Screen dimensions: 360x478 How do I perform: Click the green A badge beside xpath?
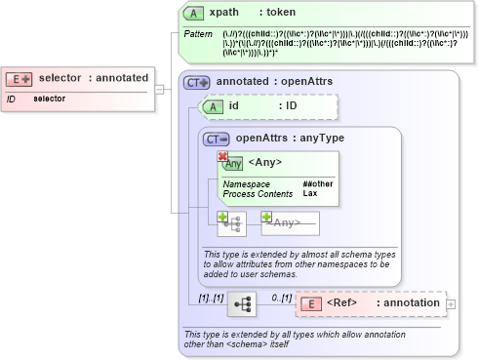(194, 12)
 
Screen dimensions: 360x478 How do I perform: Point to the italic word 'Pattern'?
(199, 35)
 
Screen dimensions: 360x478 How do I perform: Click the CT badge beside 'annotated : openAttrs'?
(197, 82)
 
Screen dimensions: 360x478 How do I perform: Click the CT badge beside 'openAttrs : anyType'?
(216, 139)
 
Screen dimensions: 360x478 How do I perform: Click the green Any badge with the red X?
(230, 162)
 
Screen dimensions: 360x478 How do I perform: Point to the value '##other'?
(317, 183)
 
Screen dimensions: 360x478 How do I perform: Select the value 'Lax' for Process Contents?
(310, 193)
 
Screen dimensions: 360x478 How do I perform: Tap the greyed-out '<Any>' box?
(290, 223)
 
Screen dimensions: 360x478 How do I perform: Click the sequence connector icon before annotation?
(241, 304)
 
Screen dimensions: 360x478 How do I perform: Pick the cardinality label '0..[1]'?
(280, 296)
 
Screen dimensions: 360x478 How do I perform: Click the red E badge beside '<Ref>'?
(310, 303)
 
